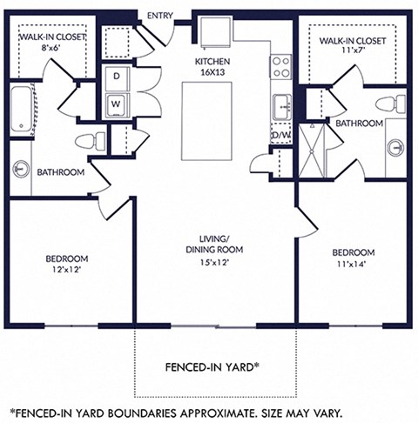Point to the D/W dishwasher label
[x=280, y=136]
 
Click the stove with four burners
[x=280, y=66]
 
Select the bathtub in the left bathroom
[x=20, y=110]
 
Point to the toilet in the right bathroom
[x=389, y=104]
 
